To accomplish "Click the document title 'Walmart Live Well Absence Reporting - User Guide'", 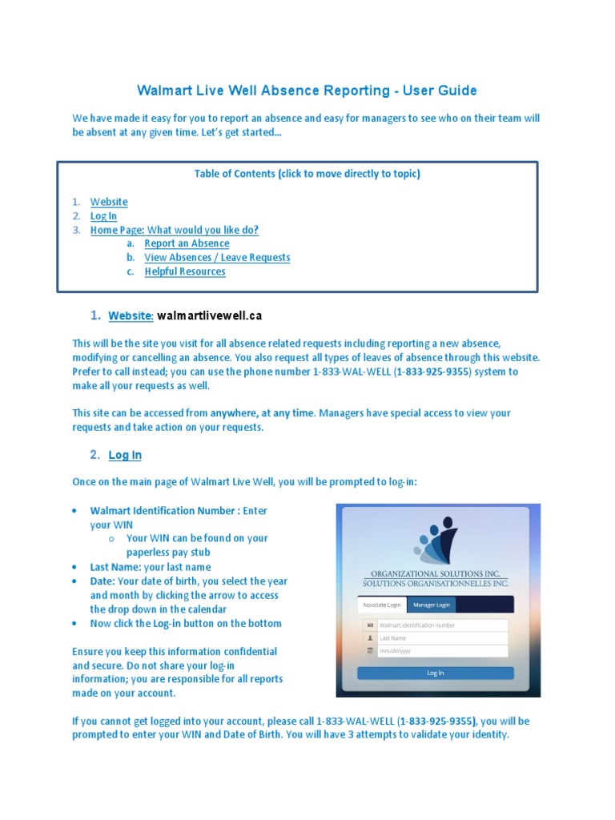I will pyautogui.click(x=307, y=90).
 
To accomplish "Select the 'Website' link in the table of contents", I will pyautogui.click(x=108, y=202).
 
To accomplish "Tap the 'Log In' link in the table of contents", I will pyautogui.click(x=103, y=216).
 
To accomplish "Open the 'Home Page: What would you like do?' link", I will pyautogui.click(x=174, y=230).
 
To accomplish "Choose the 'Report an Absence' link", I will pyautogui.click(x=187, y=243).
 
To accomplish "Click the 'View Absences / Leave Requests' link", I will pyautogui.click(x=217, y=258).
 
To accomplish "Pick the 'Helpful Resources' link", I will pyautogui.click(x=185, y=271).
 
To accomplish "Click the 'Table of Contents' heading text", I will pyautogui.click(x=307, y=174).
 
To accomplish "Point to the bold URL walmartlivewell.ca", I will pyautogui.click(x=209, y=316).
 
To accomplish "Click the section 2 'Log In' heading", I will pyautogui.click(x=125, y=455).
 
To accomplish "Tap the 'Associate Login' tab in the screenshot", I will pyautogui.click(x=382, y=605).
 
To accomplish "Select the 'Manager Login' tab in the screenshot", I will pyautogui.click(x=432, y=605).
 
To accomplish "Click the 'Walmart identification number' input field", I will pyautogui.click(x=442, y=625).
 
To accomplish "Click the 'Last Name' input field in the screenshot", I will pyautogui.click(x=442, y=638).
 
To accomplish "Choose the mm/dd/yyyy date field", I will pyautogui.click(x=442, y=651).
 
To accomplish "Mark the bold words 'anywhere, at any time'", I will pyautogui.click(x=263, y=413).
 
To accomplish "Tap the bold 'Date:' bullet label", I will pyautogui.click(x=102, y=581).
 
